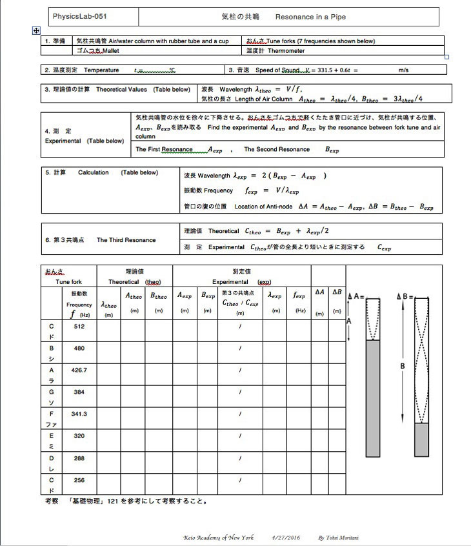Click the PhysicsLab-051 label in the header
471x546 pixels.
77,17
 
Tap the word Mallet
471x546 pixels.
106,50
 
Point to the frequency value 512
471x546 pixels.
79,327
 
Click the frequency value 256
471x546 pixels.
79,480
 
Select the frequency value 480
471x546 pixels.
79,349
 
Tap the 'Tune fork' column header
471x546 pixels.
68,282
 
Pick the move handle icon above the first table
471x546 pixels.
36,30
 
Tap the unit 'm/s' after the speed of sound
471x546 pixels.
404,70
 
